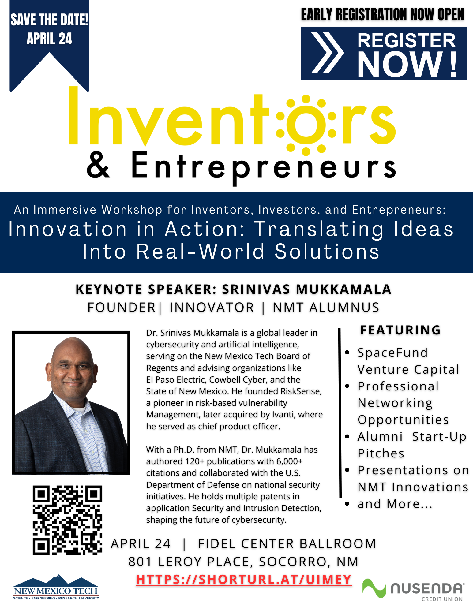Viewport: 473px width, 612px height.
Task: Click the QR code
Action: coord(67,520)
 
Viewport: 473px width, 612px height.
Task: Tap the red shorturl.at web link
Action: coord(244,579)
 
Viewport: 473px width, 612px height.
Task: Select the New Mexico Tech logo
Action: coord(56,587)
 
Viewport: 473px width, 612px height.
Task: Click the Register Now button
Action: coord(384,54)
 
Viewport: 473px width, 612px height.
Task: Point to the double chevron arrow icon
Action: coord(327,53)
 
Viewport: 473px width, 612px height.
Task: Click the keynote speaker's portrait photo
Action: coord(71,402)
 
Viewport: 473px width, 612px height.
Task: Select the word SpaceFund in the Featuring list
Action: coord(392,353)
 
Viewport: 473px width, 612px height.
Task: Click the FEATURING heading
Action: coord(400,330)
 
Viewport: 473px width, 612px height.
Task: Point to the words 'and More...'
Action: coord(395,504)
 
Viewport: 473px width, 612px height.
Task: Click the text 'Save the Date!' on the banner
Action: coord(49,20)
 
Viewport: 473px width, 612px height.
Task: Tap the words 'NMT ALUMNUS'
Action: coord(326,307)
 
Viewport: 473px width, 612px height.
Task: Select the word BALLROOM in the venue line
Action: coord(338,544)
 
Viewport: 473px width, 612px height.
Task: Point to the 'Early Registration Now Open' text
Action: coord(383,14)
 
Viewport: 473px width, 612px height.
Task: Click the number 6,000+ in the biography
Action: coord(289,461)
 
